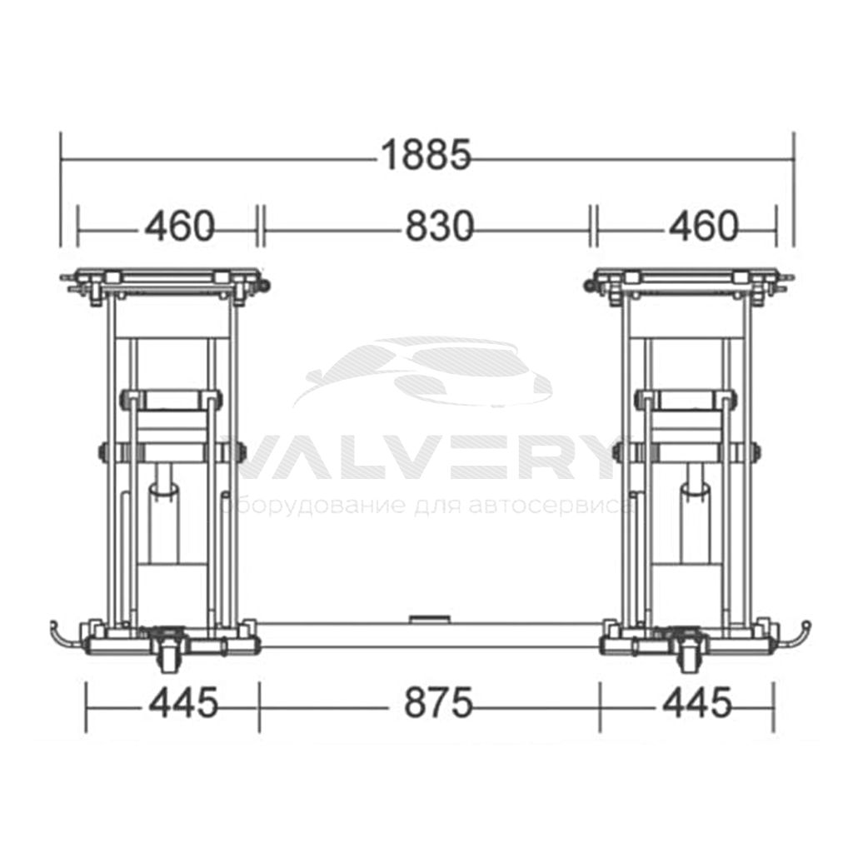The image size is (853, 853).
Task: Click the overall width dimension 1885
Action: click(426, 155)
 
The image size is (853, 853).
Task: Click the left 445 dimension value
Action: click(184, 702)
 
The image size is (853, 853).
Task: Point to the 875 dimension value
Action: click(438, 702)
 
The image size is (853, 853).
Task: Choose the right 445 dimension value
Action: click(697, 702)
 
